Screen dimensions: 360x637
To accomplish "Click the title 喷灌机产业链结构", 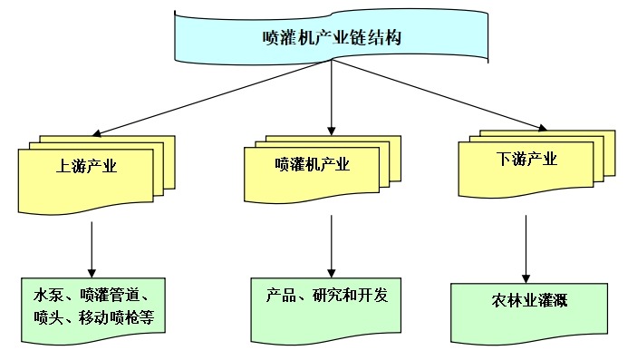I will [x=331, y=38].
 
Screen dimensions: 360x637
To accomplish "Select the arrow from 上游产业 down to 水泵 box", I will [x=92, y=249].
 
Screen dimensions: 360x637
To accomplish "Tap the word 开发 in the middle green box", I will [x=381, y=297].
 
